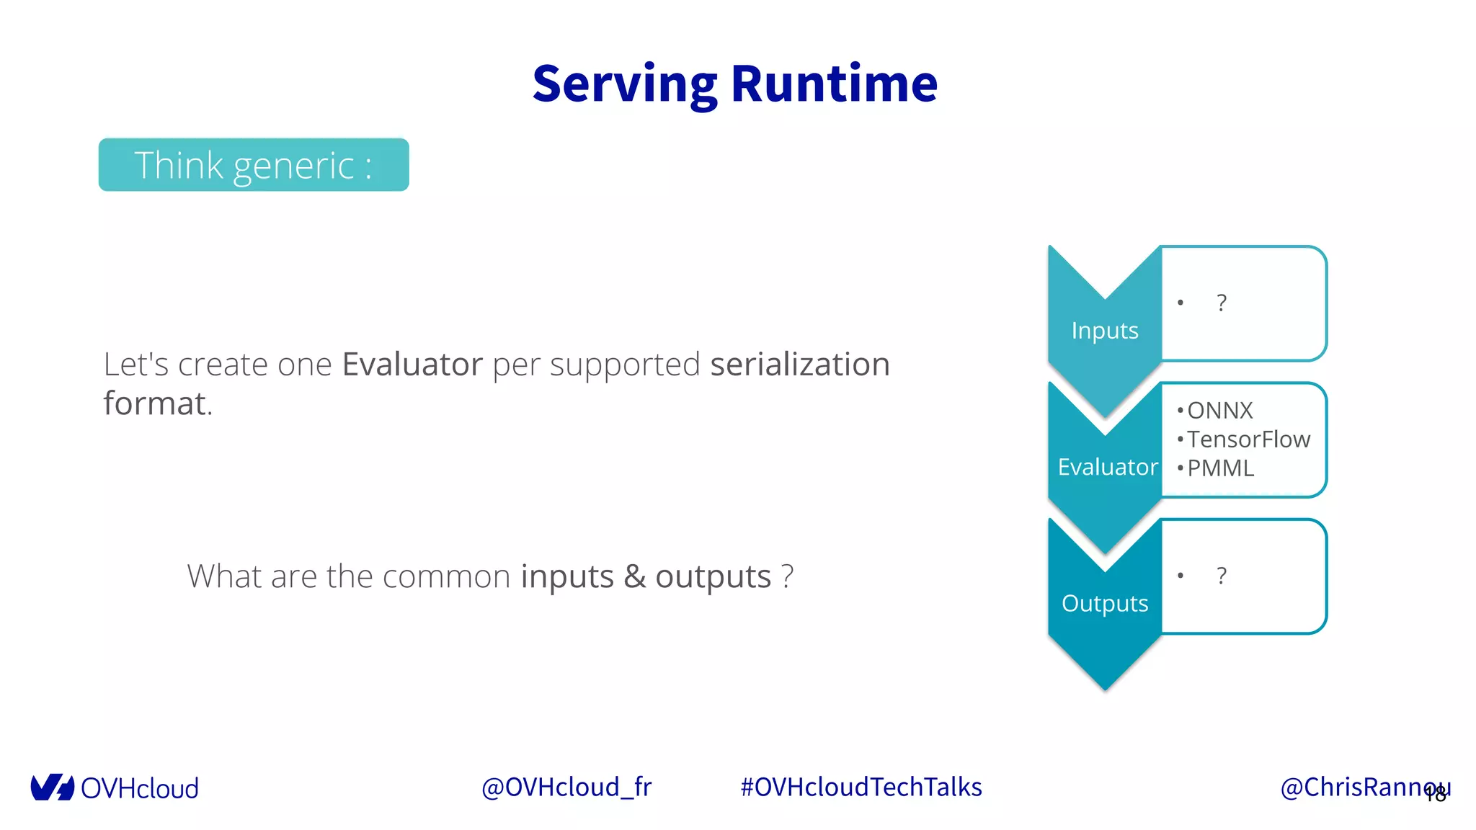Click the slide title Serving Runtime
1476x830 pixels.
coord(734,84)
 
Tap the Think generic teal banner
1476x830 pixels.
coord(254,165)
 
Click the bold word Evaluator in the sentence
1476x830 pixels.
coord(412,365)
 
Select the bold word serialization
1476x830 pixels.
coord(799,365)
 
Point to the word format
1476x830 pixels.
coord(155,403)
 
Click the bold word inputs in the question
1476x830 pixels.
coord(566,576)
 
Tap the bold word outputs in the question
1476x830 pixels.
coord(713,576)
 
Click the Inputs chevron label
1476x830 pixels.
coord(1104,330)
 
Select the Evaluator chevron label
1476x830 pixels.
coord(1107,467)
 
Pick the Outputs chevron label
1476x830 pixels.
coord(1104,603)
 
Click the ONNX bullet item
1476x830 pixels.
coord(1219,411)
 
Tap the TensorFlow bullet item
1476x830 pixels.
coord(1248,439)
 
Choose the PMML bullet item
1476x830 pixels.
coord(1220,468)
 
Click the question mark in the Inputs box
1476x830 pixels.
coord(1221,303)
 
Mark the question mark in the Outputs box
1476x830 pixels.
coord(1221,576)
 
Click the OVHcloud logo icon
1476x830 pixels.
coord(52,787)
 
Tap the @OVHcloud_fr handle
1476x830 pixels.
coord(566,787)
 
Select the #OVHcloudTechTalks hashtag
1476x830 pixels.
coord(861,787)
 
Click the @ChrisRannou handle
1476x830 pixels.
coord(1355,787)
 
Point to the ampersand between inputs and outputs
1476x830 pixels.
coord(634,576)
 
